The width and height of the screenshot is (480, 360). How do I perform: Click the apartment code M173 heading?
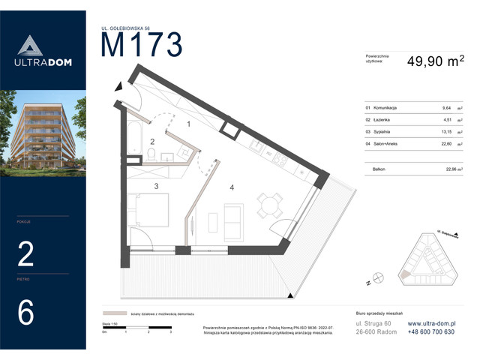tap(142, 46)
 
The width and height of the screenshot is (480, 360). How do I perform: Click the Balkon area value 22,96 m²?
tap(449, 169)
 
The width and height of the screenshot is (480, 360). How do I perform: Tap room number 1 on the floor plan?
tap(189, 124)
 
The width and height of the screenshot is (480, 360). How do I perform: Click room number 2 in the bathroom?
tap(152, 141)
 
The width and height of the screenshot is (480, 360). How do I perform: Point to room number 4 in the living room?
tap(232, 187)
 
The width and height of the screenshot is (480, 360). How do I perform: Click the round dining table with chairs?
tap(269, 204)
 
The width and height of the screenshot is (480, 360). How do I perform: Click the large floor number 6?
tap(25, 313)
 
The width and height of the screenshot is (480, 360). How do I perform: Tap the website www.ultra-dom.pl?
tap(431, 322)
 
